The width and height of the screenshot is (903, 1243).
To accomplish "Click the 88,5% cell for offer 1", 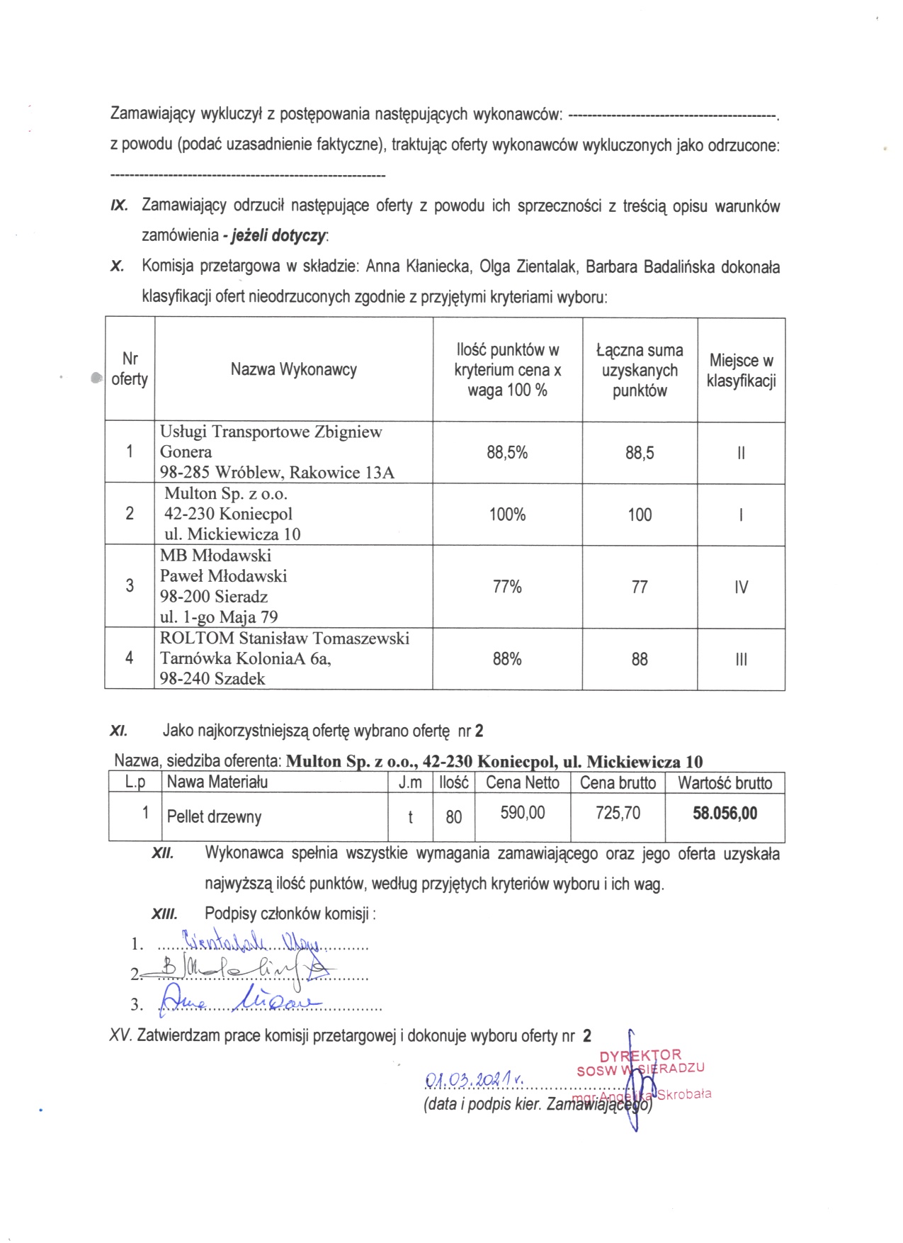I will tap(506, 453).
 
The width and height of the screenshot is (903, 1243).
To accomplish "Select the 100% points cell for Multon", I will tap(506, 514).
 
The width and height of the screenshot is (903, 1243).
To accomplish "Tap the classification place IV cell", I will tap(741, 587).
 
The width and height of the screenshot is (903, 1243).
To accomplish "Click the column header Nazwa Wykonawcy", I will tap(293, 369).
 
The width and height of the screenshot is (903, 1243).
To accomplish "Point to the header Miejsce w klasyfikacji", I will tap(741, 370).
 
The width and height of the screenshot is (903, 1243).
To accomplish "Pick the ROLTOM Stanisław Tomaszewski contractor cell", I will tap(284, 658).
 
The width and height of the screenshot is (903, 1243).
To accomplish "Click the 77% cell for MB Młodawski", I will tap(506, 587).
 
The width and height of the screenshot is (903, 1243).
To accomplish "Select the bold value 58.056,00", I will tap(725, 813).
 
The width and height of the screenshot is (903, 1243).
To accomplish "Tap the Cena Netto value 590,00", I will tap(523, 813).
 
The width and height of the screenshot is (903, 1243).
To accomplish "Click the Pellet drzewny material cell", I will tap(214, 816).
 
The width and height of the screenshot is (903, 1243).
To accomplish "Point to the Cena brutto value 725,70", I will tap(618, 813).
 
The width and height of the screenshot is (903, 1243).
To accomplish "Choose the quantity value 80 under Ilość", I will tap(453, 817).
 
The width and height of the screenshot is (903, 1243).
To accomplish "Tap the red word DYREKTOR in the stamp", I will tap(640, 1056).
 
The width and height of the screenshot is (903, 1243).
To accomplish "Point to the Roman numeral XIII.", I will tap(164, 914).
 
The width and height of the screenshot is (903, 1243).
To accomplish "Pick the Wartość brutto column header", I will tap(725, 782).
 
